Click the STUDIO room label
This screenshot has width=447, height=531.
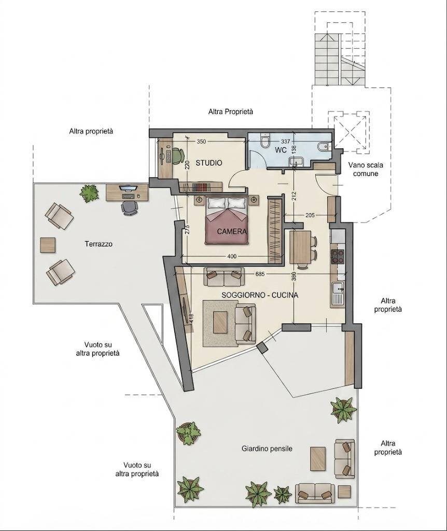[x=209, y=163]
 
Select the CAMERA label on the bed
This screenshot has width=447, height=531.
[x=232, y=232]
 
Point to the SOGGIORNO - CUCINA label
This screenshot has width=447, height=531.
[x=260, y=295]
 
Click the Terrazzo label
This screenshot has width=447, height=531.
[x=99, y=244]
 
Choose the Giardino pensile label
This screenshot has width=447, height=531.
[x=267, y=449]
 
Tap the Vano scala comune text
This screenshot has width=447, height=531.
[x=366, y=170]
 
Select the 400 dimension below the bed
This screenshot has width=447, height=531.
[x=232, y=256]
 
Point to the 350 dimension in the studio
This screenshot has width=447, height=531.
[x=201, y=142]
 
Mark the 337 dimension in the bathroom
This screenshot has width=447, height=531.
[x=286, y=141]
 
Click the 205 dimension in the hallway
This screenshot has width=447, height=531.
[x=310, y=215]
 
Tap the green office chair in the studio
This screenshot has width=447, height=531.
[x=176, y=156]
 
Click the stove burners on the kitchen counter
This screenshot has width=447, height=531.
[x=338, y=256]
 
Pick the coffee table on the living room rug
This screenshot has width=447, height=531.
[x=220, y=323]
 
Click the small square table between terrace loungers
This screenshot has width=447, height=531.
[x=48, y=245]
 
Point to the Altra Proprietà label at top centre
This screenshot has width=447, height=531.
[x=231, y=111]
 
